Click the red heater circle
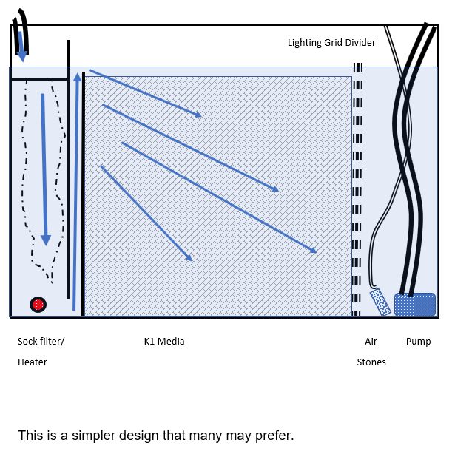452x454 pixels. point(38,305)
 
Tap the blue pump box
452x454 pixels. point(415,305)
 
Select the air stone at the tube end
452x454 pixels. point(380,302)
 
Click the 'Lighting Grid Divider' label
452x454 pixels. point(331,43)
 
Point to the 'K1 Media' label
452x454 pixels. point(164,341)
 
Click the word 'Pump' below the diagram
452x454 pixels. point(418,342)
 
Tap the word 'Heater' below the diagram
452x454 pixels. point(32,362)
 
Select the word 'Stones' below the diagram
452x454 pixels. point(371,362)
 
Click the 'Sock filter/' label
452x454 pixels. point(41,341)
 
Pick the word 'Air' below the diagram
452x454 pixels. point(371,341)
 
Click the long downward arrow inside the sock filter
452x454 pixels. point(44,169)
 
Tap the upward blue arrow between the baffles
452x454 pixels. point(76,192)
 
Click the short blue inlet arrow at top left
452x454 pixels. point(21,47)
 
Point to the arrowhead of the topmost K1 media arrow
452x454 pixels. point(198,115)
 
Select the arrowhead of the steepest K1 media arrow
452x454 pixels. point(189,257)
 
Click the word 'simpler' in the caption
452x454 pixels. point(93,436)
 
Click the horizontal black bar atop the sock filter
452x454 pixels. point(39,79)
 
